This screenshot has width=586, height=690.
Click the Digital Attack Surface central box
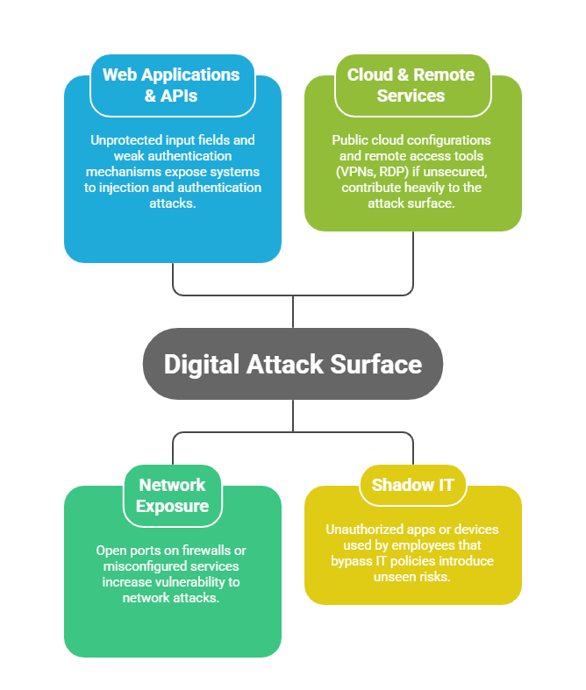pyautogui.click(x=293, y=364)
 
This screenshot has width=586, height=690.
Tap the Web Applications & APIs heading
pyautogui.click(x=171, y=84)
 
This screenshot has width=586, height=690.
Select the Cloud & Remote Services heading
pyautogui.click(x=411, y=84)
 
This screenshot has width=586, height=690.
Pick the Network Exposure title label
pyautogui.click(x=172, y=495)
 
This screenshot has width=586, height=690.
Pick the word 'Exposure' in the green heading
pyautogui.click(x=172, y=506)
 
